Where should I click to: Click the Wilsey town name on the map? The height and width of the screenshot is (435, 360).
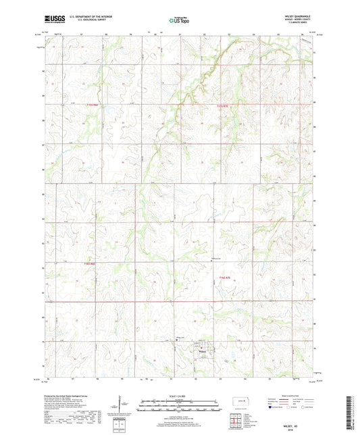pyautogui.click(x=201, y=351)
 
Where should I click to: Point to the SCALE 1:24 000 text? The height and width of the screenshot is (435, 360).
pyautogui.click(x=180, y=395)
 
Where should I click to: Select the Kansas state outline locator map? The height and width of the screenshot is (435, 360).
pyautogui.click(x=240, y=403)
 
